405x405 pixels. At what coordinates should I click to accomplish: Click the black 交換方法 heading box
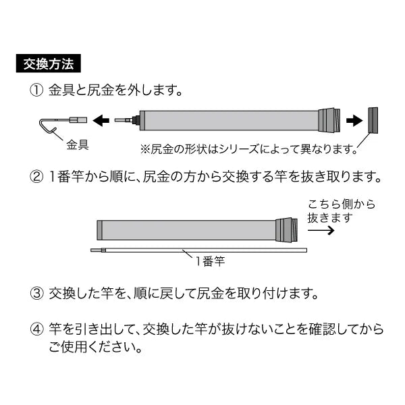coord(49,63)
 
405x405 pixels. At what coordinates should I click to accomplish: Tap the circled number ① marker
coord(36,90)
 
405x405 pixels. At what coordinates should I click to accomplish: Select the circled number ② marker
coord(36,177)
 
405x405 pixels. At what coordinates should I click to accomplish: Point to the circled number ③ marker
coord(36,294)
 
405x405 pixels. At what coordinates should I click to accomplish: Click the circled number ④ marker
coord(36,329)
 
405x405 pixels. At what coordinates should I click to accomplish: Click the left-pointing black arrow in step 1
coord(101,120)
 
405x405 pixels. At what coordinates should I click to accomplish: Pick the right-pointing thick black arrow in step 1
coord(354,121)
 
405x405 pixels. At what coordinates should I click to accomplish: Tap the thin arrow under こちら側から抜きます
coord(321,230)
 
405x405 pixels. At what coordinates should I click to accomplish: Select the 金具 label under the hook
coord(78,144)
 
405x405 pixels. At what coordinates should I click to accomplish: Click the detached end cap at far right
coord(373,120)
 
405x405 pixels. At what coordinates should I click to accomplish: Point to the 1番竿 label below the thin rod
coord(210,261)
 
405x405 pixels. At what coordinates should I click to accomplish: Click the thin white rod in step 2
coord(199,250)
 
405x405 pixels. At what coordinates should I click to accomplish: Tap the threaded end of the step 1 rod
coord(329,121)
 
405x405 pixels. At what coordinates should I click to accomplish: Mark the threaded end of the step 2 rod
coord(286,230)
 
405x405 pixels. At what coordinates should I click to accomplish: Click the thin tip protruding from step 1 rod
coord(125,120)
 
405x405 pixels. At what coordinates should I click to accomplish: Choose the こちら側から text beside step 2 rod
coord(341,205)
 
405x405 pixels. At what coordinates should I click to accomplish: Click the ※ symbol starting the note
coord(145,149)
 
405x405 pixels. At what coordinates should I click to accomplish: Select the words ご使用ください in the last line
coord(93,347)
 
